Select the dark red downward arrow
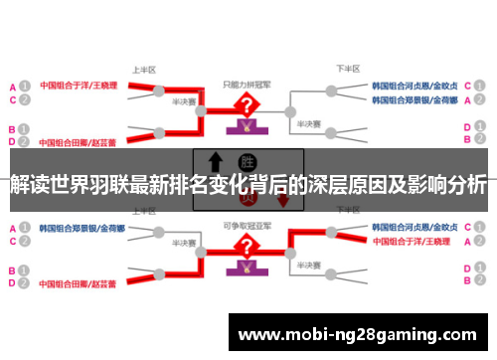coord(283,199)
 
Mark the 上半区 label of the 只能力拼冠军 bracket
coord(144,70)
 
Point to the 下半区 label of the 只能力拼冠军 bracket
coord(347,70)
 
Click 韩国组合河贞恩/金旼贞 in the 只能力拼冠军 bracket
coord(414,86)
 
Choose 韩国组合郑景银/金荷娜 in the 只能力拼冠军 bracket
coord(414,100)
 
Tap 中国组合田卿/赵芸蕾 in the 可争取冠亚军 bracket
coord(76,282)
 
